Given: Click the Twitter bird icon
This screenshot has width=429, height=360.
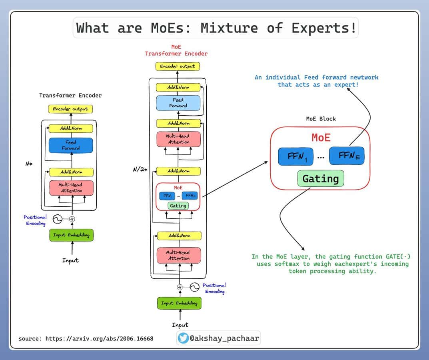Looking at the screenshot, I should pyautogui.click(x=184, y=338).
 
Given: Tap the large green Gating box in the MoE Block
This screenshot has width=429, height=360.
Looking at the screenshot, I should pyautogui.click(x=321, y=179).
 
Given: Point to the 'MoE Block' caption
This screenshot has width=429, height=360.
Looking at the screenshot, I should pyautogui.click(x=321, y=119).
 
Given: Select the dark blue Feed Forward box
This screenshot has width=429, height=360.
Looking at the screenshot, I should pyautogui.click(x=71, y=145).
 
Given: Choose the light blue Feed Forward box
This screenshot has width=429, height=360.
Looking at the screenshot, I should pyautogui.click(x=178, y=103).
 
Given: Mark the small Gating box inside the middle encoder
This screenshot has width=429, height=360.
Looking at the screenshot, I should pyautogui.click(x=178, y=206).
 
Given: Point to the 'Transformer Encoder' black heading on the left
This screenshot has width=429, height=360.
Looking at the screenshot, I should pyautogui.click(x=70, y=96).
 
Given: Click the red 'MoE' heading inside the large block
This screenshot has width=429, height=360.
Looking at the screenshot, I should pyautogui.click(x=321, y=138).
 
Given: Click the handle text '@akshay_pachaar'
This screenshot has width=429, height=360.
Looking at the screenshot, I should pyautogui.click(x=224, y=338).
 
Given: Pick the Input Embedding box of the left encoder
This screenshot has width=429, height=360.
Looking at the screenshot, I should pyautogui.click(x=71, y=235).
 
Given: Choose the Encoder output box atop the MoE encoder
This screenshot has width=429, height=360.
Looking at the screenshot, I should pyautogui.click(x=178, y=66).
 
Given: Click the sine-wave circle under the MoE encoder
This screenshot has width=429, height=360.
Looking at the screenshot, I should pyautogui.click(x=194, y=287).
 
